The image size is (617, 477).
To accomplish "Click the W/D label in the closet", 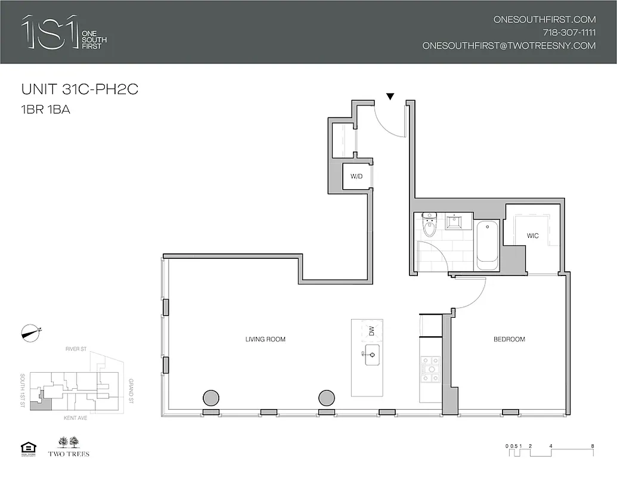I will pyautogui.click(x=356, y=176).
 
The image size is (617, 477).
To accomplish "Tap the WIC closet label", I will pyautogui.click(x=532, y=236).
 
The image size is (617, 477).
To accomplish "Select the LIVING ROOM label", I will pyautogui.click(x=265, y=339).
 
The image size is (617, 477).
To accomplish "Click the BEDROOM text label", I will pyautogui.click(x=509, y=339).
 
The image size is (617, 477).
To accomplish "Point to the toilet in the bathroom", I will pyautogui.click(x=429, y=227).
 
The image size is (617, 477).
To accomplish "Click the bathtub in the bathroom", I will pyautogui.click(x=488, y=244).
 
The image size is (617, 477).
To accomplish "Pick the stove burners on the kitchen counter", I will pyautogui.click(x=430, y=369).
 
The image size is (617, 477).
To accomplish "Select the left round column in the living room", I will pyautogui.click(x=210, y=397).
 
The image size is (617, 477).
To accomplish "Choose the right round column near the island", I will pyautogui.click(x=327, y=397).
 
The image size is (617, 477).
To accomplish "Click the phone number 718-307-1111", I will pyautogui.click(x=569, y=32).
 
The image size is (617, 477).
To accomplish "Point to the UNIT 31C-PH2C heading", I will pyautogui.click(x=80, y=90).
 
